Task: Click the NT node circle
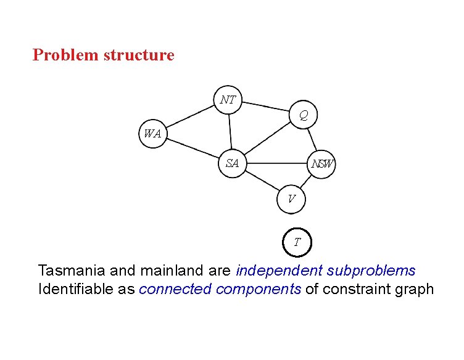(x=228, y=99)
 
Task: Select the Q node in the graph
(x=304, y=115)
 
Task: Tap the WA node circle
(x=152, y=134)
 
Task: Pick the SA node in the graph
(x=233, y=163)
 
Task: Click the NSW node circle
(x=322, y=164)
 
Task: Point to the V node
(x=291, y=198)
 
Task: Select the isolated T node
(x=297, y=242)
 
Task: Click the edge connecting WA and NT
(x=189, y=117)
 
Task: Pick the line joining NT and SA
(x=230, y=131)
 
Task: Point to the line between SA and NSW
(x=277, y=164)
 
